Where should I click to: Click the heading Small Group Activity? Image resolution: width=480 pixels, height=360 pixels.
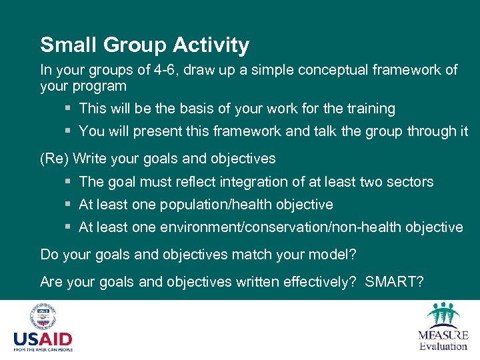pos(145,45)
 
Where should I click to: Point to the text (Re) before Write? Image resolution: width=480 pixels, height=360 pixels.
pos(54,159)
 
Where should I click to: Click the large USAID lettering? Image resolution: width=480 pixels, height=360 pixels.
pos(43,339)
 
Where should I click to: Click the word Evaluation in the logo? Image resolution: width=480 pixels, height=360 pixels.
pos(443,346)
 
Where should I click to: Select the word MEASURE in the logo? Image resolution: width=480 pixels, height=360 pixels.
pos(443,335)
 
